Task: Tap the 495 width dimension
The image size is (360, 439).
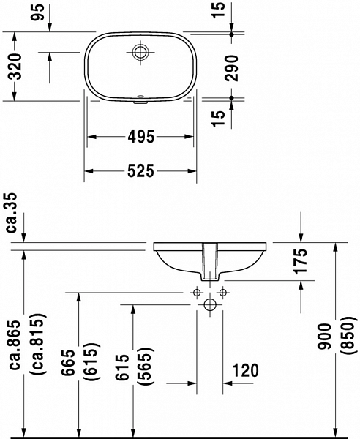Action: (139, 136)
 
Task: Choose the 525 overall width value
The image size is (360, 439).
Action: (139, 171)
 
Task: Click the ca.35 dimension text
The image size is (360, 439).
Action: (12, 212)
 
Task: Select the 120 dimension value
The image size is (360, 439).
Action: (246, 371)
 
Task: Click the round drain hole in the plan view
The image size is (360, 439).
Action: (139, 51)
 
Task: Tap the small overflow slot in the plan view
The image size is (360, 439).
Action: (139, 96)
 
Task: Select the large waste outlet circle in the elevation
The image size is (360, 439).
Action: (209, 304)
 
